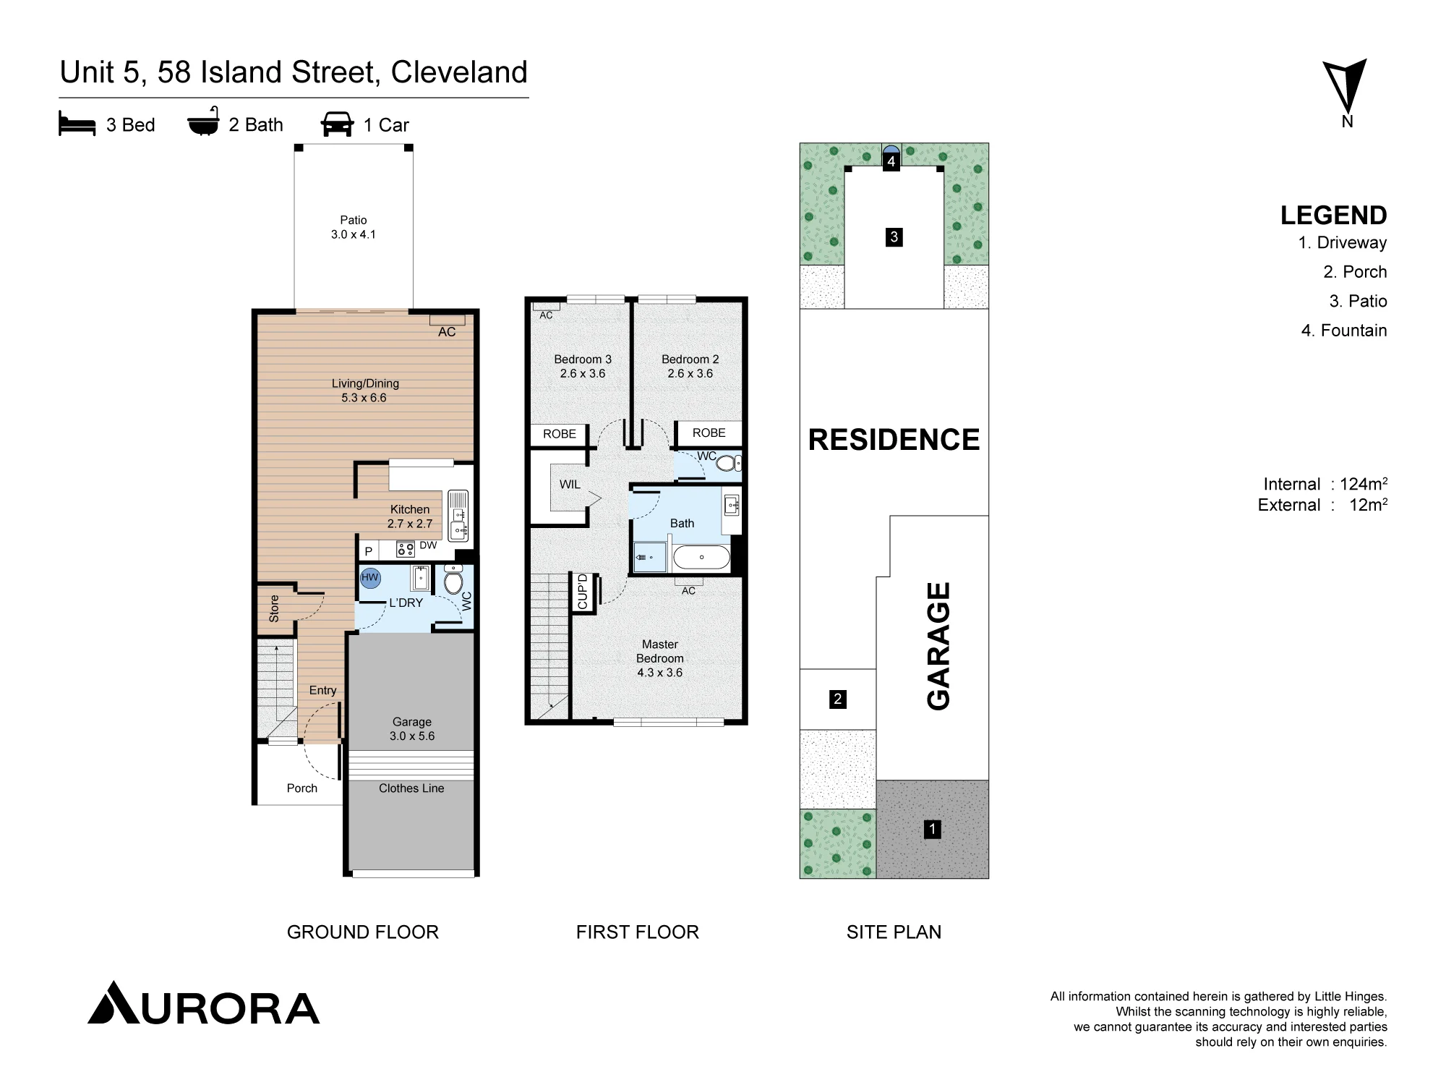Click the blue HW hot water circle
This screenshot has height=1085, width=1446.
(x=370, y=578)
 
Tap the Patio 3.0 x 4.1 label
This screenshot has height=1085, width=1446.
(x=354, y=227)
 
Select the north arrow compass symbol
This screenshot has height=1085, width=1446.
(x=1345, y=86)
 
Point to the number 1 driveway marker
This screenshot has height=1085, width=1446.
(x=933, y=829)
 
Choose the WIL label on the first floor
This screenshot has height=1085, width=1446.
(x=570, y=485)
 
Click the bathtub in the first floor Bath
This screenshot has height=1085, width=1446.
(x=701, y=557)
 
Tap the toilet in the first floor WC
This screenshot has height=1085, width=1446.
(x=729, y=463)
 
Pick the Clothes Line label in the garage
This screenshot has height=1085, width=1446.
(x=411, y=788)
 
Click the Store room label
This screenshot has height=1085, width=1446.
(x=274, y=608)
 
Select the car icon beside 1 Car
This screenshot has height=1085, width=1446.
(x=337, y=124)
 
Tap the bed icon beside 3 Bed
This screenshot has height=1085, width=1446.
(x=77, y=124)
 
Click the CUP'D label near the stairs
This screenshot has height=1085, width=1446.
(x=583, y=592)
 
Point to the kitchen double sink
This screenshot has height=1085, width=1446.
(x=458, y=516)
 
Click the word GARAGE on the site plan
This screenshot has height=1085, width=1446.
(x=938, y=646)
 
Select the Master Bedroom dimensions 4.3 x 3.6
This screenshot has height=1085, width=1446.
(x=659, y=673)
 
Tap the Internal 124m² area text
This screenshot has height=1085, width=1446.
(x=1325, y=484)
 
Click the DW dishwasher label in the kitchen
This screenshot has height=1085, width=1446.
(x=428, y=545)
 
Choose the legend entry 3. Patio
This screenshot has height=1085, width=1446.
(x=1358, y=301)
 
